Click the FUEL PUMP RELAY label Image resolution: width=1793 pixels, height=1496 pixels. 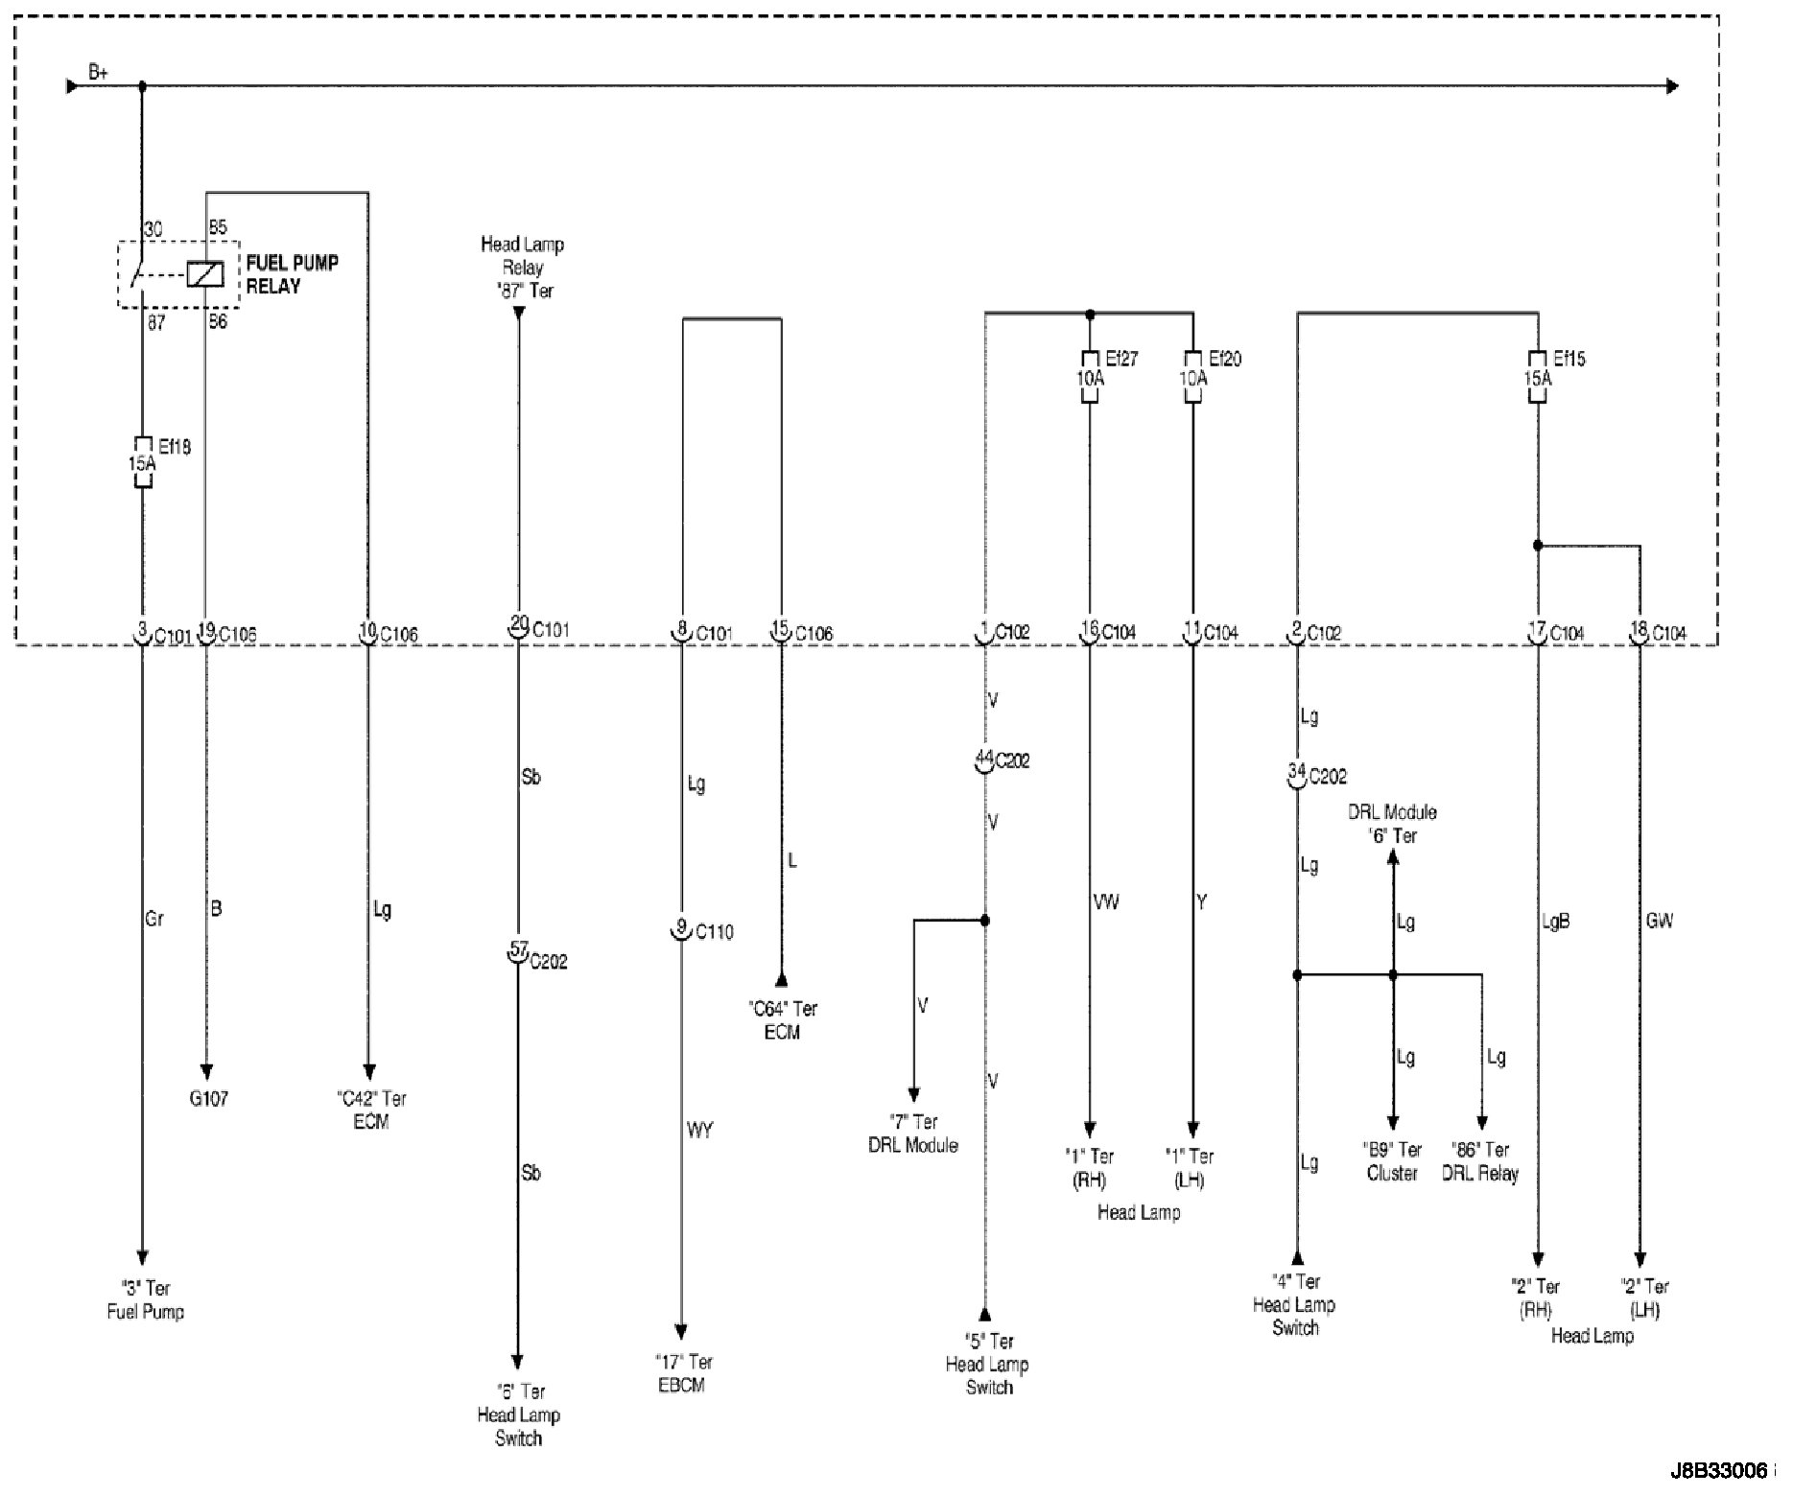293,274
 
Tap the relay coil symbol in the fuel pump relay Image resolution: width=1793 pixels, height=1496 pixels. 205,274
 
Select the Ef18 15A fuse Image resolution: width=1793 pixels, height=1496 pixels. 142,462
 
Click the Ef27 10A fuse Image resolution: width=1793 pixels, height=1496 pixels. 1089,376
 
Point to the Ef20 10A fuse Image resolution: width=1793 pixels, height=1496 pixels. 1192,376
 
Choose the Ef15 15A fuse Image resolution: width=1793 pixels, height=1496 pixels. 1537,376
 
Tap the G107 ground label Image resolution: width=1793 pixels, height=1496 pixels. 208,1099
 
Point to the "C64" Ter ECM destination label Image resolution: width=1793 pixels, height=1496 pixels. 782,1020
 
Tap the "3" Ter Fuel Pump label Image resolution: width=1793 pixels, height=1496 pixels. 145,1299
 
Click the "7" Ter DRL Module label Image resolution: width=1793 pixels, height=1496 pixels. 912,1134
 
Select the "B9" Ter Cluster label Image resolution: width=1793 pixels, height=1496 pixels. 1393,1161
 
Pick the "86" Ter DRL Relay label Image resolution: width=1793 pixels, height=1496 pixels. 1480,1161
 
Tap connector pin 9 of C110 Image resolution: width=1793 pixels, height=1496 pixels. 681,931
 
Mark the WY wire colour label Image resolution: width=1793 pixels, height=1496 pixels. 699,1131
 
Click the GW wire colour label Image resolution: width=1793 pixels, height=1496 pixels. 1659,921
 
